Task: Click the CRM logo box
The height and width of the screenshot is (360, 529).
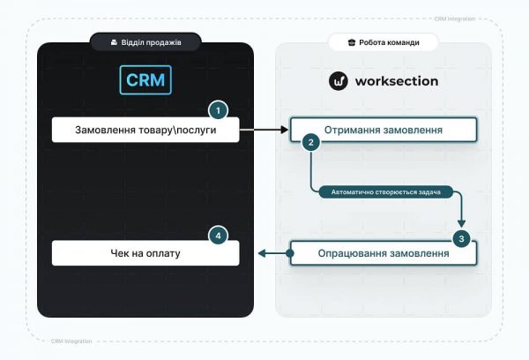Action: coord(145,80)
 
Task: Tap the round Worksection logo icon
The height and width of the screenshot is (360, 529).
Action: coord(339,81)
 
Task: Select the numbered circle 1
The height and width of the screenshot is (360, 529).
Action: coord(218,111)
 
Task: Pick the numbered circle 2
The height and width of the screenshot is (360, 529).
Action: coord(309,142)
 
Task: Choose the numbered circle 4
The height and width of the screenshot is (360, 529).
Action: coord(218,236)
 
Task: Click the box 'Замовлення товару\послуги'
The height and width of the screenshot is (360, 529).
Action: coord(145,130)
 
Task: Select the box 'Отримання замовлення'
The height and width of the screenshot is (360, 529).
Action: coord(384,130)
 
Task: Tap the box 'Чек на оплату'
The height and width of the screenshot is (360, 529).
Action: coord(145,253)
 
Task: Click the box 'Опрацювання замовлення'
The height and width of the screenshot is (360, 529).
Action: coord(384,253)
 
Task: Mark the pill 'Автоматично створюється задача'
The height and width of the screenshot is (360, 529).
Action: coord(385,191)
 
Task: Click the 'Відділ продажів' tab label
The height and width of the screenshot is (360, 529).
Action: coord(146,41)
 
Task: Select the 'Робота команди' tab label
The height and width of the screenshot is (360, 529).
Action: coord(384,41)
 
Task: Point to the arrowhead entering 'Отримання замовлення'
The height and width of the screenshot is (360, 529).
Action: coord(286,130)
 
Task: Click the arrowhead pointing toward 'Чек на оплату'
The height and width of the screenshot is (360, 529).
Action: coord(262,254)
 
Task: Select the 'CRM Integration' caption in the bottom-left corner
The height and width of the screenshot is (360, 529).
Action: coord(71,341)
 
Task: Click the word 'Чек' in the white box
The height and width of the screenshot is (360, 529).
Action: coord(111,253)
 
